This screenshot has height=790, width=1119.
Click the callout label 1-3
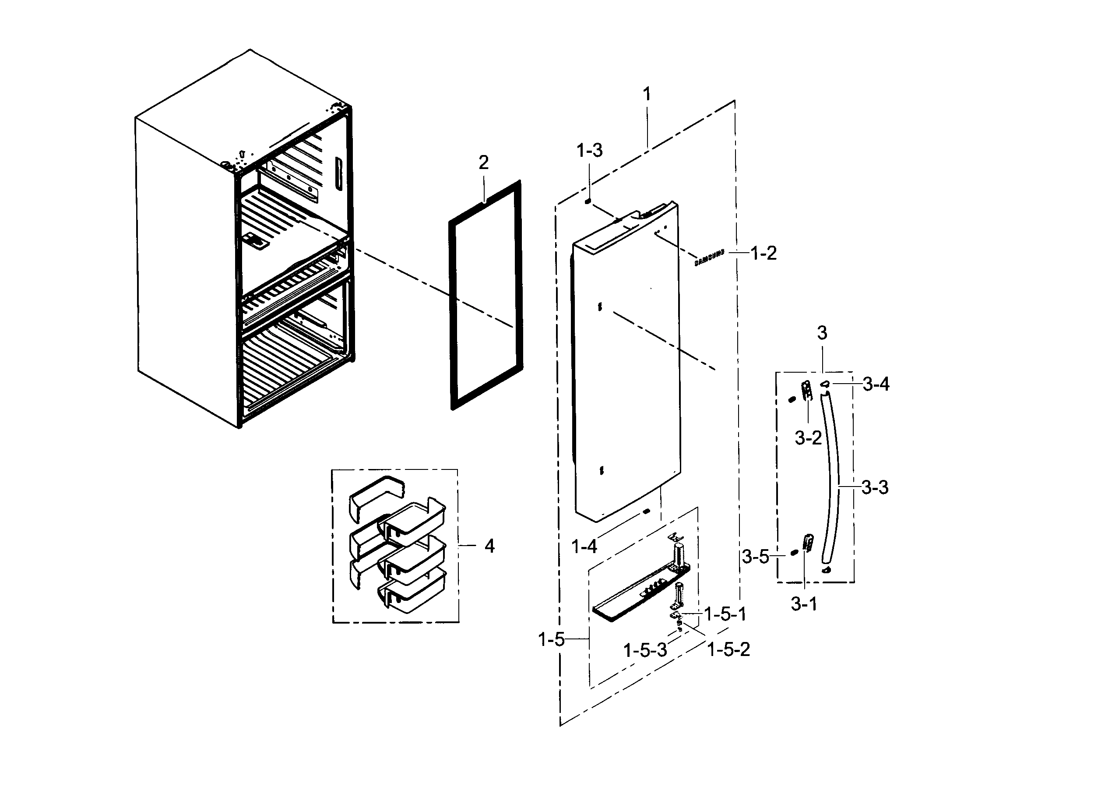590,151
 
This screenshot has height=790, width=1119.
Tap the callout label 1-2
763,253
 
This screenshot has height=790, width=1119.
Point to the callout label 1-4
584,547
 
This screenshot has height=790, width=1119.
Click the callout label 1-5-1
726,614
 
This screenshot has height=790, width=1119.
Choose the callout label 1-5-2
728,649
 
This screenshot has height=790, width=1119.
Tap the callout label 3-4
876,385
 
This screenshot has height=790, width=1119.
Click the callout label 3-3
875,487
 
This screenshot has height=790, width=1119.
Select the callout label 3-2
808,438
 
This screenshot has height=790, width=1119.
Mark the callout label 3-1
804,605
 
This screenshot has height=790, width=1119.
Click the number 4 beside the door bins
489,546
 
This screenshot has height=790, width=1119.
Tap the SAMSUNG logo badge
709,258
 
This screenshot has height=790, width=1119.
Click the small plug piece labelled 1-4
646,511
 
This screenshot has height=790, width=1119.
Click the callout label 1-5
551,639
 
